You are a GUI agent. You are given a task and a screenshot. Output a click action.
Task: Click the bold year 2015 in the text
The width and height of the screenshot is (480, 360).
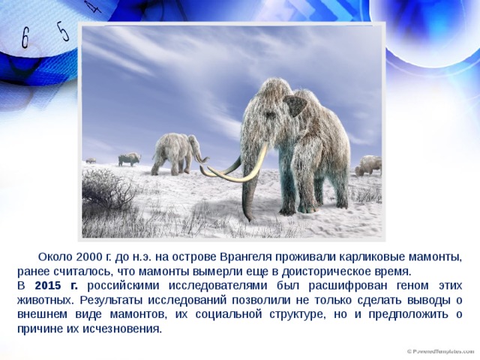[48, 286]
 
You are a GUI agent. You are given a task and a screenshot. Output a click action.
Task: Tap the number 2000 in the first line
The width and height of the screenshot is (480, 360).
[88, 257]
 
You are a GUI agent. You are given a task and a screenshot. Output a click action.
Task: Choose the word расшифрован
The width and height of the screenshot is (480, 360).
[348, 286]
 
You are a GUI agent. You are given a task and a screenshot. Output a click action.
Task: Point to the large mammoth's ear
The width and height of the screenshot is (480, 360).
[295, 106]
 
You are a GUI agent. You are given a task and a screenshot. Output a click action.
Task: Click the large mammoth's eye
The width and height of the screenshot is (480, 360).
[271, 115]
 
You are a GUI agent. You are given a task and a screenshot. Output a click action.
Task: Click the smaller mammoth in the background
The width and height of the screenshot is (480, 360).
[177, 154]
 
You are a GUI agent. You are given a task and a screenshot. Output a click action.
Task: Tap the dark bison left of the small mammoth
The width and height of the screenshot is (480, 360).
[129, 159]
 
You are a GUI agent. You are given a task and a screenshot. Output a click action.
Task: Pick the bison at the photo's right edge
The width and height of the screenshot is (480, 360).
[368, 166]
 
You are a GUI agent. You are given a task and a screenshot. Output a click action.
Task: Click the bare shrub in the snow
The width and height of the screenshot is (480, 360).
[107, 190]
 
